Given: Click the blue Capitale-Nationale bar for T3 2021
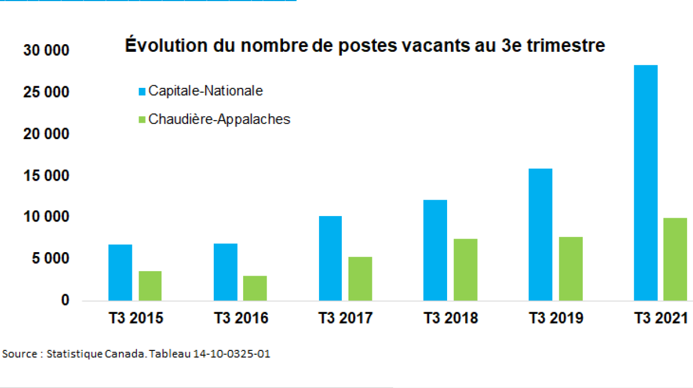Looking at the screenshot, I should [646, 183].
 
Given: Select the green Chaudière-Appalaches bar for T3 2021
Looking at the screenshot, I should [675, 259].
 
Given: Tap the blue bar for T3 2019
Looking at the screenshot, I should [540, 235].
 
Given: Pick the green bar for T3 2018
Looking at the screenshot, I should [465, 270].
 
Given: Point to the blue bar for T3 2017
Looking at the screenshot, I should [330, 258].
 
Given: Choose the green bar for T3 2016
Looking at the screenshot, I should [255, 288].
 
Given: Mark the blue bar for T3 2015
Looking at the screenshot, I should [120, 272].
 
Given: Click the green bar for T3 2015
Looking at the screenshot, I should [149, 285].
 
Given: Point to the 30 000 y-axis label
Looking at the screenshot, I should [46, 51].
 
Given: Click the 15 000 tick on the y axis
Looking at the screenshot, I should [46, 176].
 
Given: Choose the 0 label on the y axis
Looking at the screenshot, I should [65, 300].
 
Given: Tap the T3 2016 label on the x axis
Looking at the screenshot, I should [240, 318].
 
